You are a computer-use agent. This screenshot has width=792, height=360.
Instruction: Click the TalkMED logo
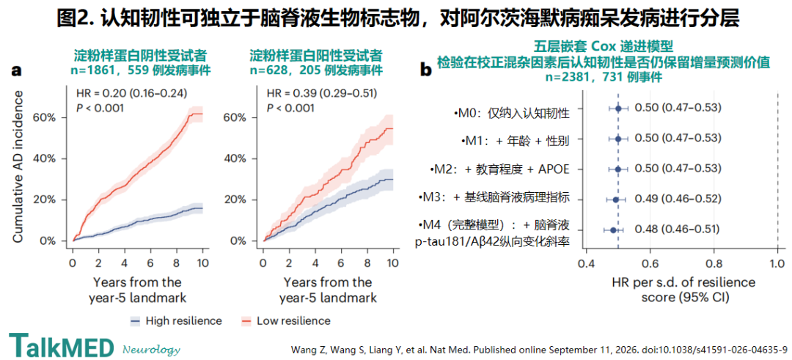coord(62,345)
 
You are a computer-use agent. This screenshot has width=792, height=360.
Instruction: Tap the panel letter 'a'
coord(17,71)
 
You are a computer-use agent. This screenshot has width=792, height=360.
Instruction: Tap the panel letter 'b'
coord(426,71)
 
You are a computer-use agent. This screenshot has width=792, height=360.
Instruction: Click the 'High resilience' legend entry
coord(176,320)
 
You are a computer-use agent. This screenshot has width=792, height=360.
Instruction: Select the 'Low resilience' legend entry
coord(286,320)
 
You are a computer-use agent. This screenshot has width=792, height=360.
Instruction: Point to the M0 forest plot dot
coord(618,108)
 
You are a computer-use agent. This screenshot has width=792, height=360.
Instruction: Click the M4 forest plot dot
coord(613,229)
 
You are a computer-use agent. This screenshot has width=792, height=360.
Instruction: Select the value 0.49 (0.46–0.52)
coord(677,199)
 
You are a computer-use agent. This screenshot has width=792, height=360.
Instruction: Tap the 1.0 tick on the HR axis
coord(777,263)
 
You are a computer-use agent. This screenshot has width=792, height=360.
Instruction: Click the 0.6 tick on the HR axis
coord(650,263)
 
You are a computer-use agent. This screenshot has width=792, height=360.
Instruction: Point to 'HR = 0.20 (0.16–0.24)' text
coord(131,93)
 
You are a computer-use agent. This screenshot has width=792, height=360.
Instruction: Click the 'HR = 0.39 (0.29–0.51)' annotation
coord(322,93)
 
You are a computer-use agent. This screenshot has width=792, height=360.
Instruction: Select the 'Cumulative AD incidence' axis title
coord(18,167)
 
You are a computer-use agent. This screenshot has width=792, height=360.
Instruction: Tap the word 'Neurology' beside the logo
coord(152,349)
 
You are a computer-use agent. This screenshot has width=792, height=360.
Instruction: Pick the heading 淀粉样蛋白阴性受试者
coord(140,54)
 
